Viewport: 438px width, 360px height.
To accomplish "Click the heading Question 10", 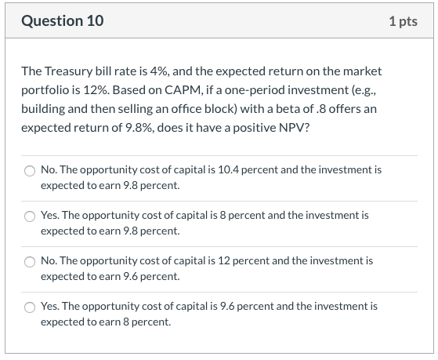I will (x=62, y=21).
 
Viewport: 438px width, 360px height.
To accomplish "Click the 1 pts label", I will (x=403, y=21).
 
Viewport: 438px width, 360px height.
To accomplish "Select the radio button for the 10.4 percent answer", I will (x=30, y=170).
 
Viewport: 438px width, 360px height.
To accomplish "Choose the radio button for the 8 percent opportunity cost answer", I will (x=30, y=215).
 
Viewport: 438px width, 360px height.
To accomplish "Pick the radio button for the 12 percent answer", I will (x=30, y=260).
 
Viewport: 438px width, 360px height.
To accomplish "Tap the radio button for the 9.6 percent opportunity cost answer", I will (x=30, y=307).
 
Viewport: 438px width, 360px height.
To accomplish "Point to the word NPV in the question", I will (x=293, y=127).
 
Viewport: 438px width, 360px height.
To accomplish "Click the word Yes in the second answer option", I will (x=49, y=214).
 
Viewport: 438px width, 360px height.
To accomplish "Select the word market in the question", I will (x=363, y=71).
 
